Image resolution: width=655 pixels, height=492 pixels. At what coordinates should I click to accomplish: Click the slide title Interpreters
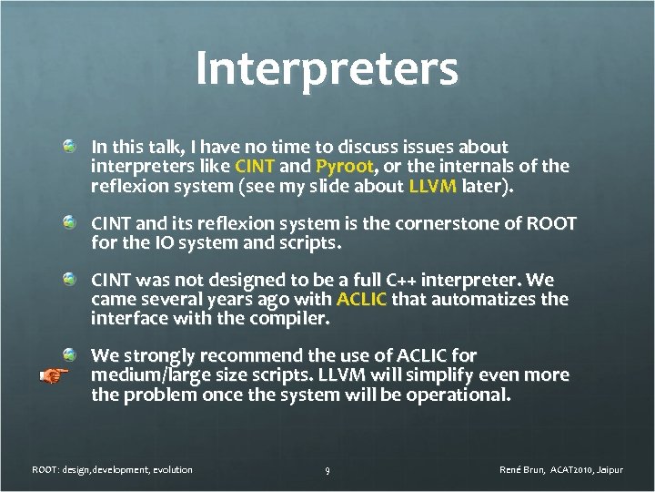click(x=327, y=70)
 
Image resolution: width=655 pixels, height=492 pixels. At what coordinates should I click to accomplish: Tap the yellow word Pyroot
click(x=344, y=167)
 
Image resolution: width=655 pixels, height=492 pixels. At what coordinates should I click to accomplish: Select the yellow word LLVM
click(x=433, y=187)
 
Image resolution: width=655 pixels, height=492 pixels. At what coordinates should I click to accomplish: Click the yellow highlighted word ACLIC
click(x=361, y=299)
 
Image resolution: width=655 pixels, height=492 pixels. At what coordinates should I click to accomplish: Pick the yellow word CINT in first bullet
click(x=256, y=167)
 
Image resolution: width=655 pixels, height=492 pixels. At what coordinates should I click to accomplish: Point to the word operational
click(x=463, y=395)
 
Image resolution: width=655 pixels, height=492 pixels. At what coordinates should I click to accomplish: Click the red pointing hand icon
click(x=55, y=374)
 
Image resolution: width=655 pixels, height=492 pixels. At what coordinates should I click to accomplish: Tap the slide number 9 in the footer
click(x=327, y=470)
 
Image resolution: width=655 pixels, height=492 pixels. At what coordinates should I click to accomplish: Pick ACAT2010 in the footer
click(x=570, y=470)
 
